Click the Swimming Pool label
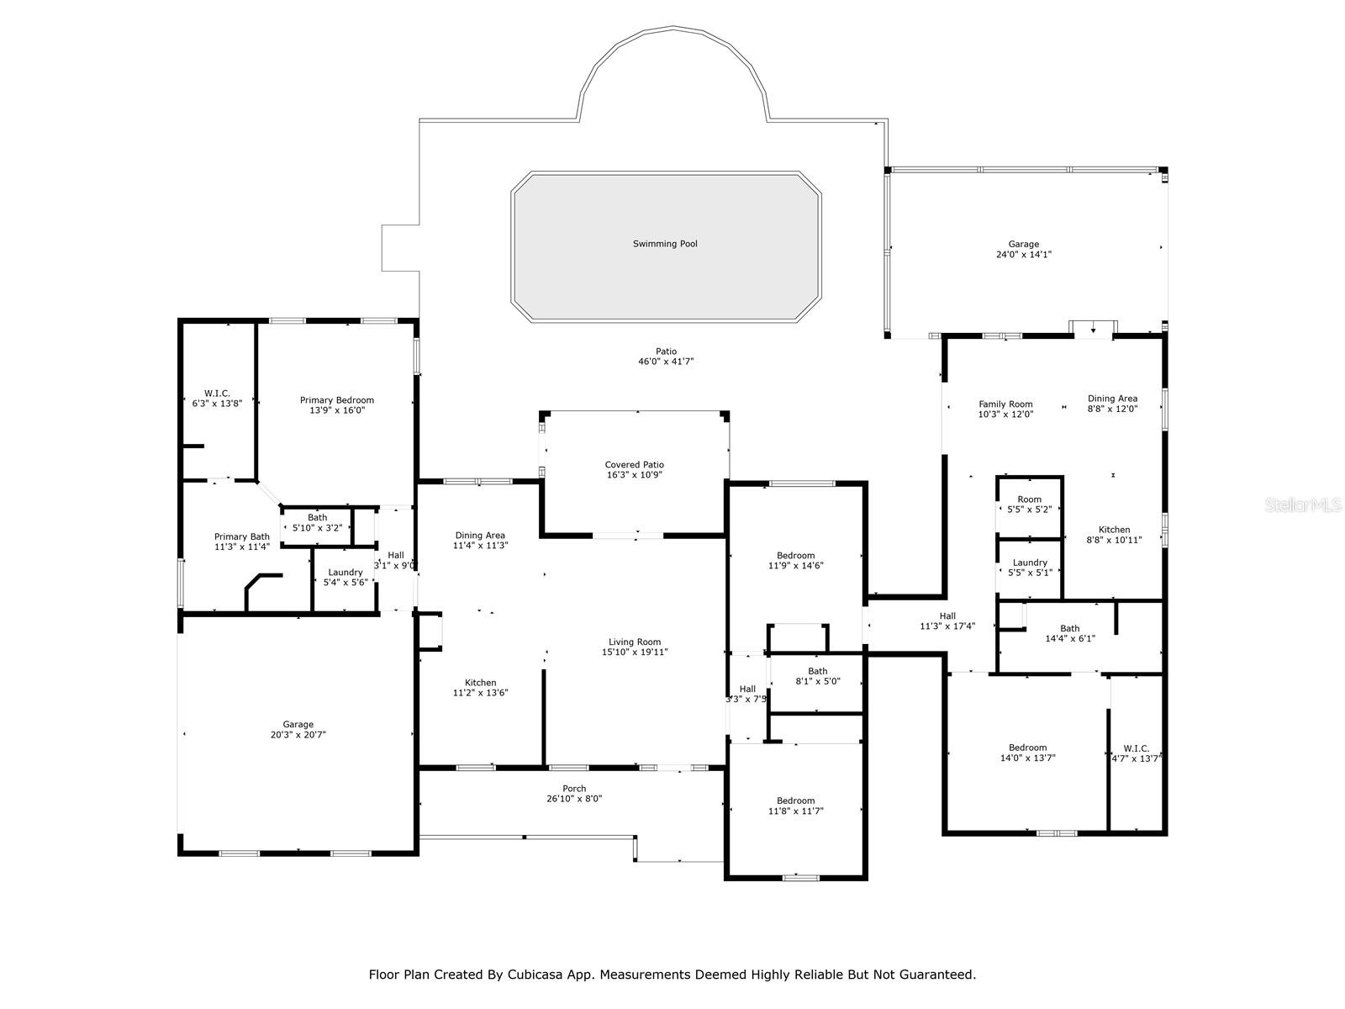coord(665,244)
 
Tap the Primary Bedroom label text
coord(337,400)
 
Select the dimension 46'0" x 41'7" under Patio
coord(666,362)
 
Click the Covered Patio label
coord(635,465)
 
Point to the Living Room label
coord(635,642)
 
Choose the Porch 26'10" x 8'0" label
coord(574,794)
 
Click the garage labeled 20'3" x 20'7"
coord(298,729)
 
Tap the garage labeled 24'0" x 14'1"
coord(1023,249)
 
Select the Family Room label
coord(1005,404)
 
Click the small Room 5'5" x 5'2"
coord(1029,504)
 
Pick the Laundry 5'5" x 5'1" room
coord(1030,568)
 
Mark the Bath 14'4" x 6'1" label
coord(1069,633)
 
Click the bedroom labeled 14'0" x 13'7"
coord(1027,753)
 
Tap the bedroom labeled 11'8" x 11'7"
coord(795,806)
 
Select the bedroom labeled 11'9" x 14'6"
coord(795,560)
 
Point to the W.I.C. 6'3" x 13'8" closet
coord(217,398)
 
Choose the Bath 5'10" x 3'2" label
coord(317,522)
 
